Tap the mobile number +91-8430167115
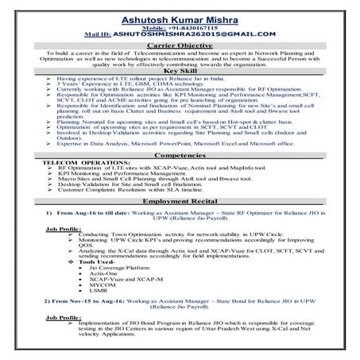pyautogui.click(x=180, y=26)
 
